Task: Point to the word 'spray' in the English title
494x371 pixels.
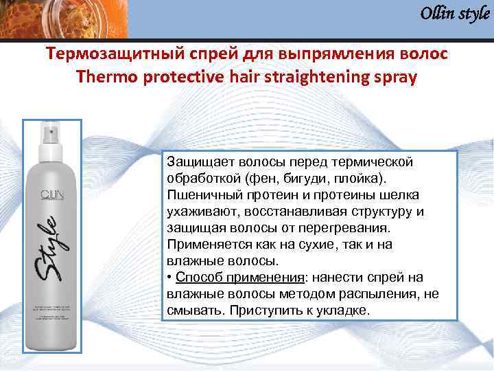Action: point(394,77)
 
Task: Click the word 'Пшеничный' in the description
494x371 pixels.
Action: point(202,195)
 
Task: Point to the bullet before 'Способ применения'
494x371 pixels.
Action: point(169,277)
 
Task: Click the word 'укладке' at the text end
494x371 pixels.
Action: point(346,310)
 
